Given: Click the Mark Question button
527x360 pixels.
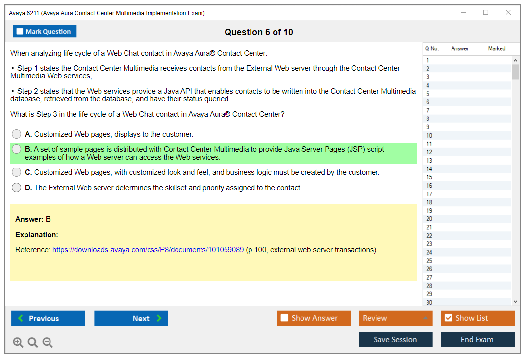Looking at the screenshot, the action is [x=45, y=31].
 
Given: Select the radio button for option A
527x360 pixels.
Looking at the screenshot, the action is [x=16, y=134].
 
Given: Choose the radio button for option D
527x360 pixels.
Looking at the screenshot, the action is [x=16, y=188].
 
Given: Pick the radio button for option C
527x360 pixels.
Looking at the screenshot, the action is [x=16, y=172].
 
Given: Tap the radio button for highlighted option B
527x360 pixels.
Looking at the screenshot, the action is [x=16, y=149].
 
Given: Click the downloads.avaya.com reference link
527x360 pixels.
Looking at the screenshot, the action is [x=148, y=250].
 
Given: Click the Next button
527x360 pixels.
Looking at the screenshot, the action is [x=131, y=318].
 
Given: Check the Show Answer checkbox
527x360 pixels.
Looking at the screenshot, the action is [x=284, y=318].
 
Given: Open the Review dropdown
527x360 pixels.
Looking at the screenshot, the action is [x=396, y=318].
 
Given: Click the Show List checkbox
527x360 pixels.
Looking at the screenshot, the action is [x=449, y=318].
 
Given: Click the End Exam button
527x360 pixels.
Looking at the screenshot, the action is [x=477, y=339].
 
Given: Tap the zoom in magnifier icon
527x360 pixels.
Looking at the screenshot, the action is [x=18, y=342].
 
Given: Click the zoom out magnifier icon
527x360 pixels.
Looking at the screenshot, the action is [x=48, y=342].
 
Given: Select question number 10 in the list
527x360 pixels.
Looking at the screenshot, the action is [x=429, y=135].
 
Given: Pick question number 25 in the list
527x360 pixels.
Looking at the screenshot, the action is [x=429, y=261].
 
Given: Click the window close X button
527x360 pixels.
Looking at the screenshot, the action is [x=508, y=12].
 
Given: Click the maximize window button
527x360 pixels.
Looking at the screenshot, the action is [x=486, y=12].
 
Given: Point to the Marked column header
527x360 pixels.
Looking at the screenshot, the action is [x=497, y=48].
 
